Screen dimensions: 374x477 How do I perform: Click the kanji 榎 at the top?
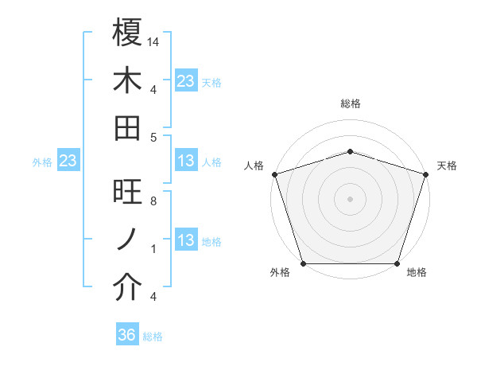127,33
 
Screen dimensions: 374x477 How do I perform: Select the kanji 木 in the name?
127,80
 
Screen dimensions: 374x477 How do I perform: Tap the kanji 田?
127,127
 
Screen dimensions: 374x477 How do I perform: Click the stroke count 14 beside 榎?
153,41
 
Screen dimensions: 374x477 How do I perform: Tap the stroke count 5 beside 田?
153,137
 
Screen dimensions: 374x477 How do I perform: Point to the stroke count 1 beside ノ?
153,249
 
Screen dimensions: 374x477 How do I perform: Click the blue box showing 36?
127,335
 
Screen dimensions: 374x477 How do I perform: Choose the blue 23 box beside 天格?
185,81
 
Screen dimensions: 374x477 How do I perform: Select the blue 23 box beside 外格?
68,162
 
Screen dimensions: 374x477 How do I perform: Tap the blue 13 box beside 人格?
185,162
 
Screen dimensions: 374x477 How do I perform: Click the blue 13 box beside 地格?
185,241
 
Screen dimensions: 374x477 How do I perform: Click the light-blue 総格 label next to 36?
153,337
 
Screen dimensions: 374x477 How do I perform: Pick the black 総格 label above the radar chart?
351,103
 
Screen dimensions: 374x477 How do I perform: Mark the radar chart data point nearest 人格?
275,174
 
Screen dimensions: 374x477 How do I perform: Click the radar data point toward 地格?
397,263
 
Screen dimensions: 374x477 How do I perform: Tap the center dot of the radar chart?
351,198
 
